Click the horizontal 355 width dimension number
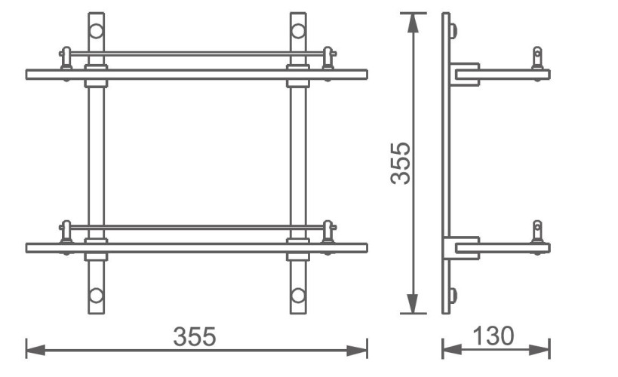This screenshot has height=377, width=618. pyautogui.click(x=195, y=336)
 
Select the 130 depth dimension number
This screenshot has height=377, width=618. pyautogui.click(x=494, y=336)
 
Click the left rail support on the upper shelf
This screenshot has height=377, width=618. pyautogui.click(x=66, y=60)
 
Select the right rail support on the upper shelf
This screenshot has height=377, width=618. pyautogui.click(x=328, y=60)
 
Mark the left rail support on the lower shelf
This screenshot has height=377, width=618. pyautogui.click(x=66, y=232)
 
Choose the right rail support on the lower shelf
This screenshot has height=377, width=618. pyautogui.click(x=328, y=232)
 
